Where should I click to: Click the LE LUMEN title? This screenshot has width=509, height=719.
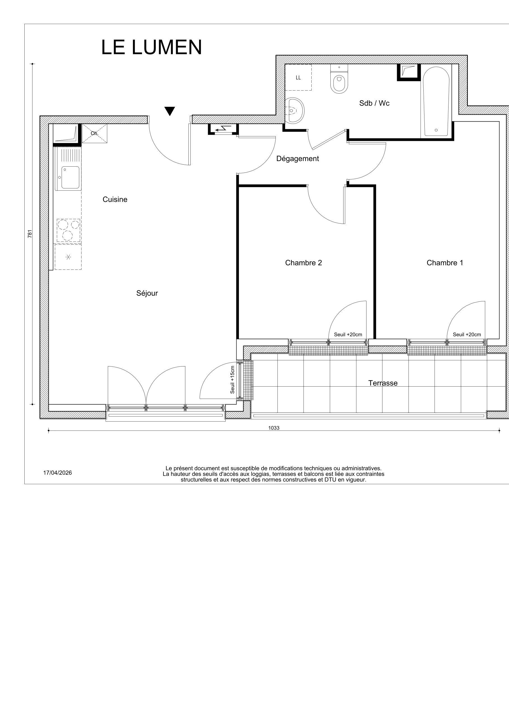151,48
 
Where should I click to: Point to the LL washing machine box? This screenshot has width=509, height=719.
298,77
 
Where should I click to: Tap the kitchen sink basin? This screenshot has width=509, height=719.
70,177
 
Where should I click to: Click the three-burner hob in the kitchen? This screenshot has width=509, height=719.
68,230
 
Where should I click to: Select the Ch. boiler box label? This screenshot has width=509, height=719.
94,133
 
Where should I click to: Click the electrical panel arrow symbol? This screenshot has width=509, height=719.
223,128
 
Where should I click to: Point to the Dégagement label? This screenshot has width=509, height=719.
297,159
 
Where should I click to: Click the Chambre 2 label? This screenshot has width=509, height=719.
303,263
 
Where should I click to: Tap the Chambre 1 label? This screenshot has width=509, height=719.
444,263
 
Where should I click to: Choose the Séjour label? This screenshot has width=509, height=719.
147,293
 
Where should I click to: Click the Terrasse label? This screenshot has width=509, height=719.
383,383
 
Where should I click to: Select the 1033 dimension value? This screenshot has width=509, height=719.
274,428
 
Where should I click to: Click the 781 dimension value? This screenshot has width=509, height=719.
30,234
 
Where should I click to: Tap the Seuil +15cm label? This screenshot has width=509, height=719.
232,380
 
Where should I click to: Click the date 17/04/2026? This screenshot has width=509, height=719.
57,472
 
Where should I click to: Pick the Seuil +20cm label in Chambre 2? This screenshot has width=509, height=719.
348,334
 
